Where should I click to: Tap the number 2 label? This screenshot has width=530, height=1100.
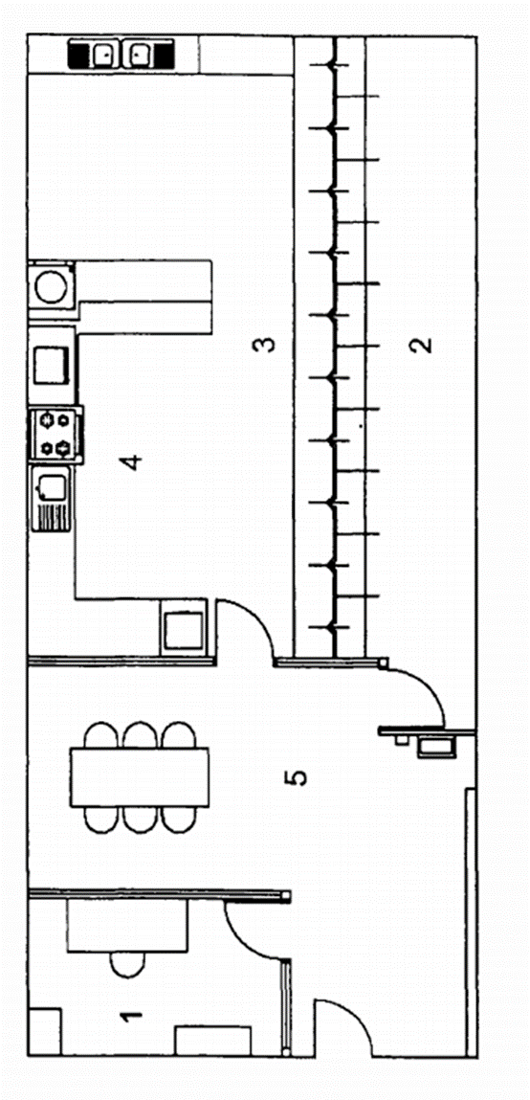click(x=421, y=345)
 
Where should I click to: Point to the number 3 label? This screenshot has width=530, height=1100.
click(x=264, y=345)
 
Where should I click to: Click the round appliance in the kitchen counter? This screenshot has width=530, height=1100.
click(x=51, y=286)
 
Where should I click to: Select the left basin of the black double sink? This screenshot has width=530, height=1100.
click(x=102, y=54)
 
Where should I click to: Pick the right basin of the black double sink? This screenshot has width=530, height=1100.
click(x=138, y=54)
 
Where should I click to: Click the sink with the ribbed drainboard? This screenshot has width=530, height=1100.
click(x=52, y=499)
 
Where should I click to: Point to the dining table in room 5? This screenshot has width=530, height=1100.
click(x=140, y=777)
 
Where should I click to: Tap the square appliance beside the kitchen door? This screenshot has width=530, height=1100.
click(x=184, y=629)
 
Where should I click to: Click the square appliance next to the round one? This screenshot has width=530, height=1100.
click(x=51, y=365)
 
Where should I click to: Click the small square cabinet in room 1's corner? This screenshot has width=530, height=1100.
click(x=45, y=1030)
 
